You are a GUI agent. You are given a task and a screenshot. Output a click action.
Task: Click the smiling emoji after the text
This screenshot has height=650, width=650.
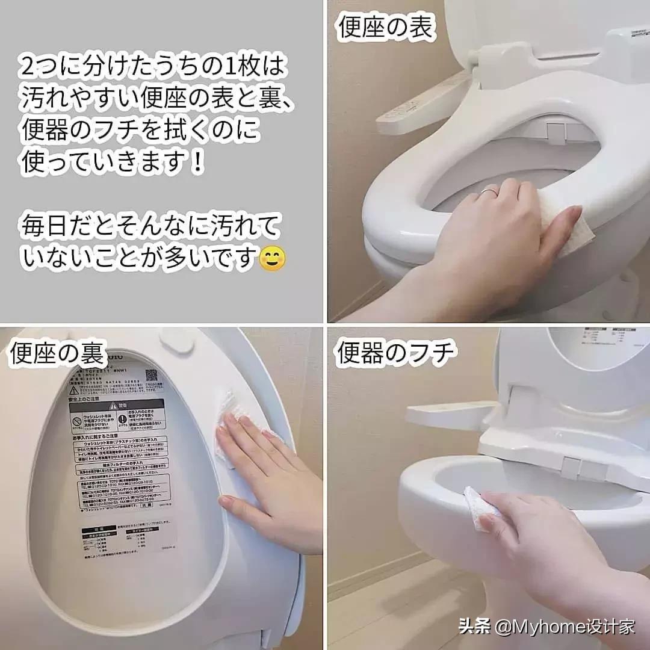(272, 258)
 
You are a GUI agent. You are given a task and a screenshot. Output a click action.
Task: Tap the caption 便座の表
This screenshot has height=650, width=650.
(386, 28)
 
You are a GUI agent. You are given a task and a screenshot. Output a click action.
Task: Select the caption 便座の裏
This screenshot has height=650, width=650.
(58, 354)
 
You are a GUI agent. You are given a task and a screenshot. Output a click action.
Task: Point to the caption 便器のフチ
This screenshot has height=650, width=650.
(394, 353)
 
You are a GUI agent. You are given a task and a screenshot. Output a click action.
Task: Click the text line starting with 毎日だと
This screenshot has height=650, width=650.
(150, 227)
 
